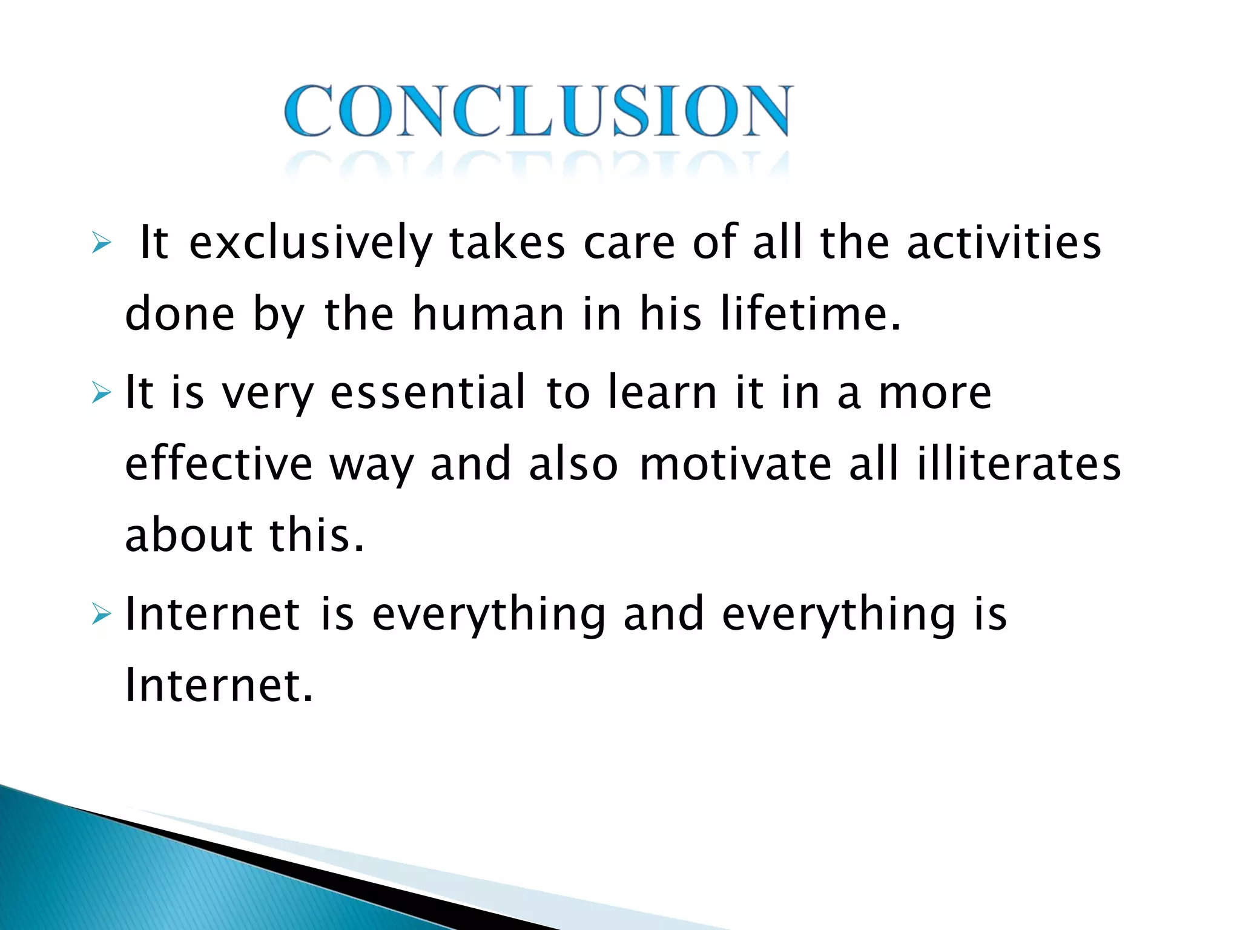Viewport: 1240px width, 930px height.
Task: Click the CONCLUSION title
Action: pos(538,111)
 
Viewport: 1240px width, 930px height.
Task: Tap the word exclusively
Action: pos(311,243)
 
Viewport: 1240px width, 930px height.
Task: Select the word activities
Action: pos(1004,243)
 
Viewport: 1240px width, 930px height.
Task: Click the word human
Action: pos(488,314)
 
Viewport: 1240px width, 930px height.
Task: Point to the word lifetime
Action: pos(810,314)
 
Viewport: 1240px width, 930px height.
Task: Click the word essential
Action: pos(428,392)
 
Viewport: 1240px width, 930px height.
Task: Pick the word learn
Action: pos(662,392)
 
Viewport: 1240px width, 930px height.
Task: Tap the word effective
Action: pos(219,464)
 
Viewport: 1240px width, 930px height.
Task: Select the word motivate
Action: pos(736,464)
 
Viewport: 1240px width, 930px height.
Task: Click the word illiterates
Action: pos(1018,464)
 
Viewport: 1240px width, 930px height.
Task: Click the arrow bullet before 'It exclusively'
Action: pos(102,243)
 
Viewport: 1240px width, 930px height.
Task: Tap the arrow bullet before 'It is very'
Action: pos(102,394)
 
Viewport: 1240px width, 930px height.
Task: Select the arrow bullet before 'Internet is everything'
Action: pos(102,615)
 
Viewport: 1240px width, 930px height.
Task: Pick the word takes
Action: pos(507,243)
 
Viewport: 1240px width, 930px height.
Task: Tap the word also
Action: pos(573,464)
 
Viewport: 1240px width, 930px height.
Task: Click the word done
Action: pos(180,314)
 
